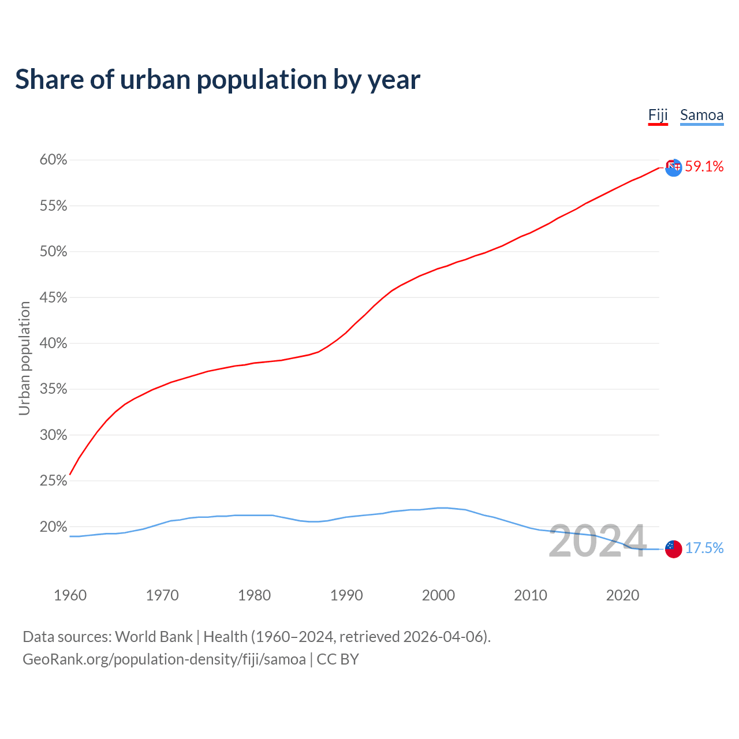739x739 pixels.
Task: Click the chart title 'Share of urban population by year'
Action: pos(218,80)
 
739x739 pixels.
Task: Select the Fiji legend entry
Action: pos(658,115)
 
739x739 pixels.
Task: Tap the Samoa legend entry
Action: pos(701,115)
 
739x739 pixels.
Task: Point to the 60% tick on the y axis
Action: pos(54,160)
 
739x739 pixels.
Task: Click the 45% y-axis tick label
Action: pos(54,297)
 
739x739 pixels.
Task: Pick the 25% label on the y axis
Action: pos(54,480)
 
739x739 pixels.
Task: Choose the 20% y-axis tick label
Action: pos(54,527)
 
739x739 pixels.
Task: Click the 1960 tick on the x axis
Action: pos(70,595)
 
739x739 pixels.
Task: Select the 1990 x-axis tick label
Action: pos(346,595)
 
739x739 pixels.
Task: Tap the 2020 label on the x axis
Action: pos(622,595)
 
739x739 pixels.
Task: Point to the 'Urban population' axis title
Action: pos(24,358)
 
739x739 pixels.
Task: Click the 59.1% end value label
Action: pos(704,167)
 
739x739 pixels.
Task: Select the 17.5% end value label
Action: pos(704,548)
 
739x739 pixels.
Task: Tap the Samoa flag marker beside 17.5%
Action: pos(673,549)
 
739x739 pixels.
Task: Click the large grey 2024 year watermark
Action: pos(597,542)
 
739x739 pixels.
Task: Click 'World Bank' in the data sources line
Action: pos(154,637)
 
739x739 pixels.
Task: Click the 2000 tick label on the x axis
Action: pos(438,595)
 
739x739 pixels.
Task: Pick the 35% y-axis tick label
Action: pos(54,389)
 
